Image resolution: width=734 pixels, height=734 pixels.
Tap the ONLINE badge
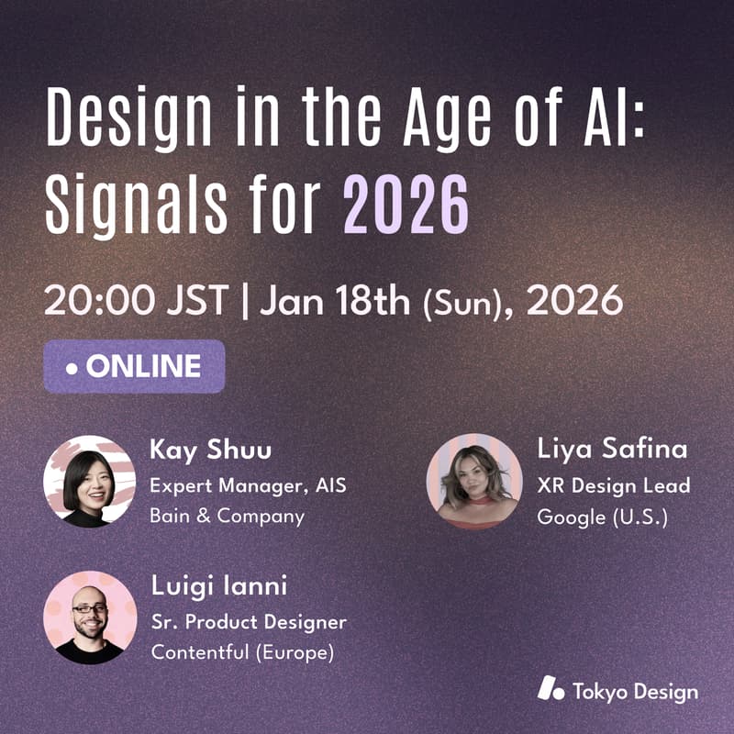pos(134,367)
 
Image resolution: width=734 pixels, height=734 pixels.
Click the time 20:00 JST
pos(135,301)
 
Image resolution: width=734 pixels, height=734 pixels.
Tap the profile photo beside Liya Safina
pos(473,480)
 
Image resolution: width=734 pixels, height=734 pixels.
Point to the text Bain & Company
pos(227,516)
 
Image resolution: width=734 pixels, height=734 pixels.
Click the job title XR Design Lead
pos(613,484)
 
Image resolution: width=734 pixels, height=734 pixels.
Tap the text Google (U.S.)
pos(602,517)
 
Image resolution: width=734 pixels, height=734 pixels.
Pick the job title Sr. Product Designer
pos(249,622)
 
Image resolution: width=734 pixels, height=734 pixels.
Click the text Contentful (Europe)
pos(242,653)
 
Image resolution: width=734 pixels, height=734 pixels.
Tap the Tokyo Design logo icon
pos(550,690)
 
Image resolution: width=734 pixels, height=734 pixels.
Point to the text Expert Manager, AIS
pos(248,484)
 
